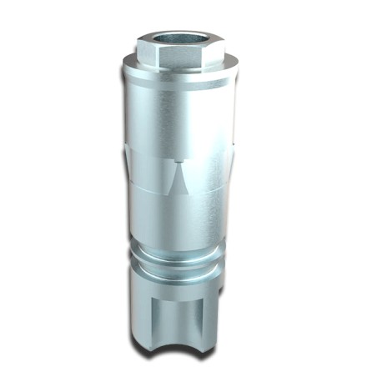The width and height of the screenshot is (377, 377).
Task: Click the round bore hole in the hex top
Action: (174, 38)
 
